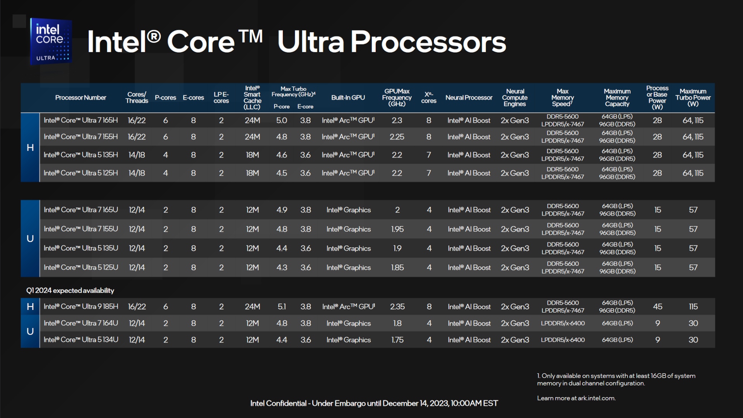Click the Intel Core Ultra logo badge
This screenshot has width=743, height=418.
point(51,41)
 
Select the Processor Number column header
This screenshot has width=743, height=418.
point(80,98)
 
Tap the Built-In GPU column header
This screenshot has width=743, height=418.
point(348,98)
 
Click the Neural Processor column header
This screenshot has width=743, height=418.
point(469,98)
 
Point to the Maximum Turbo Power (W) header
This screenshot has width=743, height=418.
point(693,98)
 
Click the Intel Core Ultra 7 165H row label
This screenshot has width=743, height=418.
point(80,120)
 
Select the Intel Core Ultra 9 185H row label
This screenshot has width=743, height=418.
point(81,307)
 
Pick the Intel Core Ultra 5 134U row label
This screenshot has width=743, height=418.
point(81,340)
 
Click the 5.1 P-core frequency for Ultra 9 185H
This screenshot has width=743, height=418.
point(282,307)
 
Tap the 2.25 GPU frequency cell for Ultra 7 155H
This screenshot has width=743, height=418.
point(397,137)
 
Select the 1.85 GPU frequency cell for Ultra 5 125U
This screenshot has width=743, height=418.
point(397,268)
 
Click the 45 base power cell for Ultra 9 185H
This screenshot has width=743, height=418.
point(657,307)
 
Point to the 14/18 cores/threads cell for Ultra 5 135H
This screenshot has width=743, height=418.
point(137,155)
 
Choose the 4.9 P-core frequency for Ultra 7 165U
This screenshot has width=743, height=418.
point(282,210)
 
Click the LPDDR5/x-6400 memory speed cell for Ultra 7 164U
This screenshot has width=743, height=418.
point(563,323)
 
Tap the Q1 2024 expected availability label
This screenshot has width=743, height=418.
point(70,291)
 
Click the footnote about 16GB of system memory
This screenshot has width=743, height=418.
point(616,380)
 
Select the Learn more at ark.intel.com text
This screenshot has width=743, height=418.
point(576,398)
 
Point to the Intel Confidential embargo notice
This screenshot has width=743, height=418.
point(374,403)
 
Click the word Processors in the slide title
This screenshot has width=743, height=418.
point(428,42)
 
